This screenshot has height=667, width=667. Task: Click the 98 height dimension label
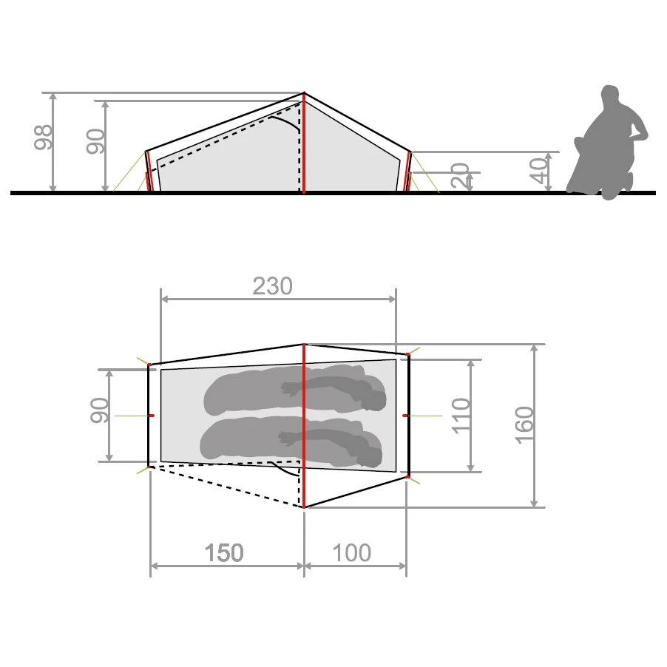[x=43, y=138]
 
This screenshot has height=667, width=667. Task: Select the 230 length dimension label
[x=273, y=286]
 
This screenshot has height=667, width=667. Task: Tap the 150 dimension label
[x=224, y=552]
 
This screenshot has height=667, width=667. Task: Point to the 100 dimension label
[x=352, y=552]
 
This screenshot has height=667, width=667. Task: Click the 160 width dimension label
[x=524, y=425]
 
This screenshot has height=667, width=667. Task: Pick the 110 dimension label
[x=461, y=416]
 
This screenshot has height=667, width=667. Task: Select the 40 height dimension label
[x=539, y=171]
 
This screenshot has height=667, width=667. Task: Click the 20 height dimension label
[x=460, y=175]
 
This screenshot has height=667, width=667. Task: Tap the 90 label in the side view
[x=95, y=141]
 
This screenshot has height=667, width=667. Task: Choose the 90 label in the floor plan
[x=100, y=410]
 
